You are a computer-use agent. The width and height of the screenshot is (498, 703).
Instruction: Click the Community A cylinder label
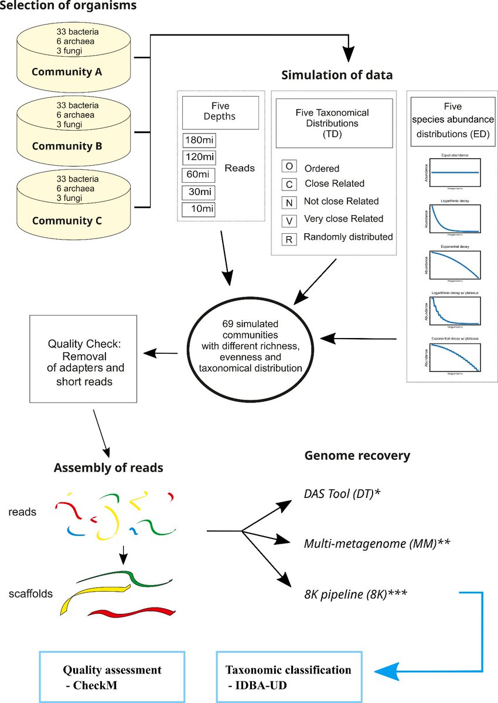pos(67,72)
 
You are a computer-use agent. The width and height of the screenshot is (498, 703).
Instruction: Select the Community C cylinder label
pos(67,221)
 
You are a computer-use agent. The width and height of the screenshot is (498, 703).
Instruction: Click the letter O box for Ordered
pos(289,166)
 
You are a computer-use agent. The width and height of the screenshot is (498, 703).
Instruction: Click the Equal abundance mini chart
pos(455,173)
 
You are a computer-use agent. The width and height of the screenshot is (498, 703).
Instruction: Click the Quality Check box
pos(83,359)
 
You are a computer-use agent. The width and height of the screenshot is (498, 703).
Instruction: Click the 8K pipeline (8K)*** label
pos(356,595)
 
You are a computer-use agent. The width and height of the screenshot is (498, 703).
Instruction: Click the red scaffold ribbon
pos(132,613)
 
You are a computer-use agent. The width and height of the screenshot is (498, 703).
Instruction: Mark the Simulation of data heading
pos(337,75)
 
